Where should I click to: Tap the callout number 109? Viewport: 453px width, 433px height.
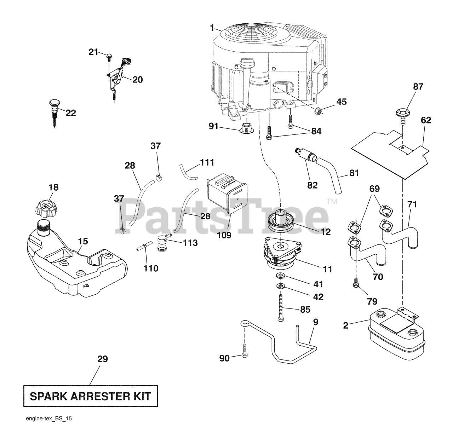click(x=224, y=235)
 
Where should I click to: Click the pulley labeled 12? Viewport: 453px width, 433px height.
click(x=282, y=221)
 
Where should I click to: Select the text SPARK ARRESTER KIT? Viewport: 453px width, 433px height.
click(x=90, y=396)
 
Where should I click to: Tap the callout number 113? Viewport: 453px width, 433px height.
click(x=190, y=243)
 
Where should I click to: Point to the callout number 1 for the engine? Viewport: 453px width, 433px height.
click(x=212, y=27)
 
